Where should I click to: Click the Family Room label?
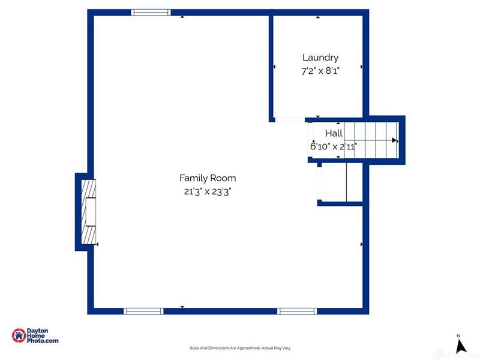208,178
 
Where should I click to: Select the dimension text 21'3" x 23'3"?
208,191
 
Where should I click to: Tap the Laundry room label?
320,58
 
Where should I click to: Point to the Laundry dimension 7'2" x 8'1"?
320,71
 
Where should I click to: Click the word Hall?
334,133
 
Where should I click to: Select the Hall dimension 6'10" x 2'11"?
334,146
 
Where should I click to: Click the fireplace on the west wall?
88,211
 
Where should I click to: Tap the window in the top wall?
151,13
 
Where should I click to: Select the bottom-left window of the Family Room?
143,311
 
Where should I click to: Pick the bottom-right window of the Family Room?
296,311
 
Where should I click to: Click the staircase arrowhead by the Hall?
394,140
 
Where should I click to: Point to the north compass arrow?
461,346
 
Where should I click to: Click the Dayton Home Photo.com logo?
35,336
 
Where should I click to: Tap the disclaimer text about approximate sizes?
240,348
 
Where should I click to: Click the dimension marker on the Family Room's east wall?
361,244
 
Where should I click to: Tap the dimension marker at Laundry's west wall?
274,67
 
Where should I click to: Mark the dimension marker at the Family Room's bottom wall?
182,307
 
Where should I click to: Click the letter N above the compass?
458,335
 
